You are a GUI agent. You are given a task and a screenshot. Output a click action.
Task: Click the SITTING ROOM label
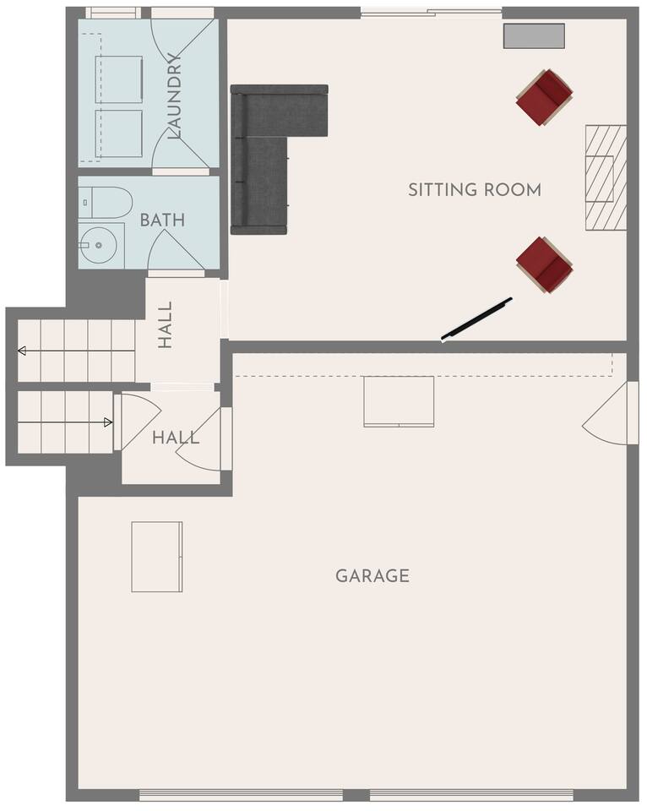point(475,190)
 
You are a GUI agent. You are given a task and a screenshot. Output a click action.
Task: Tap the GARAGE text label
point(372,575)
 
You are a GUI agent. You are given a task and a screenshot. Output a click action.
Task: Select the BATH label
point(162,220)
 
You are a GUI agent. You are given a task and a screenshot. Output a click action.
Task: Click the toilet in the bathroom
point(106,202)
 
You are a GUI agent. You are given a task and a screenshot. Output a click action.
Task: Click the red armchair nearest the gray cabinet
point(545,98)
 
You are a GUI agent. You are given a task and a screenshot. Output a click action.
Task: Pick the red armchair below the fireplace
point(545,264)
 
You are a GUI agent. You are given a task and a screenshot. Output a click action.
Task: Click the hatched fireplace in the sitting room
point(606,177)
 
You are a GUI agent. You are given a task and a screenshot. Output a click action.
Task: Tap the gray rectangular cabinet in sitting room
point(535,36)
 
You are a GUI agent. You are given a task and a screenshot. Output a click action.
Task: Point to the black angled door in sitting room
point(476,318)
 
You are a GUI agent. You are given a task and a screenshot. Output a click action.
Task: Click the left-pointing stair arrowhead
point(22,351)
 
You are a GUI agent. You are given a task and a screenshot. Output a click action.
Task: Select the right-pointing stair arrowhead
point(108,422)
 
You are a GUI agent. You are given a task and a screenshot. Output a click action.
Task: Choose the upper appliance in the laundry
point(119,79)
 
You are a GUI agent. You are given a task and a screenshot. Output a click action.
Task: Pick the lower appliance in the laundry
point(119,133)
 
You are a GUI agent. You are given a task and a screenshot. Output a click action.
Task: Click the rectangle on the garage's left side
point(157,557)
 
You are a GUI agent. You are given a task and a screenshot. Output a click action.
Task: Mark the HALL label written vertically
point(165,325)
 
